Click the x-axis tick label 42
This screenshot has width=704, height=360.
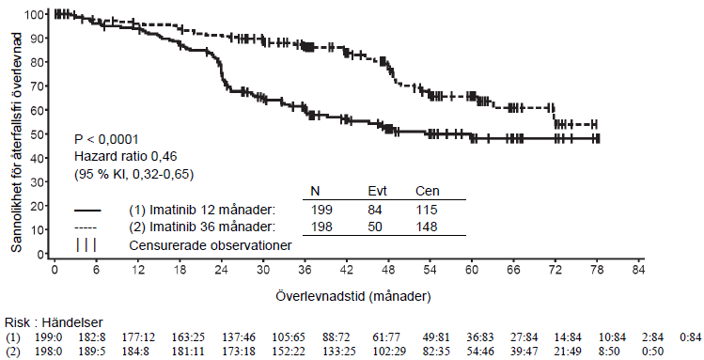347,270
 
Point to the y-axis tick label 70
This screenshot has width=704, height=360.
37,86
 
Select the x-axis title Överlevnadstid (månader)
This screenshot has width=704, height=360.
353,297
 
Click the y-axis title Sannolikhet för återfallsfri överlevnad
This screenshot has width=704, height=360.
16,142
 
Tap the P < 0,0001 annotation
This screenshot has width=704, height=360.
106,140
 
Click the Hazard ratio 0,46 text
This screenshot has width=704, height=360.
126,156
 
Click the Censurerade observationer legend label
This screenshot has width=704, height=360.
211,245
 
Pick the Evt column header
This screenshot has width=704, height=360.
377,191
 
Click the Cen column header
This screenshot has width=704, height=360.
428,191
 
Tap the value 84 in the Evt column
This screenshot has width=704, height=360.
374,210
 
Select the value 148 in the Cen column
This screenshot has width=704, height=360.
427,227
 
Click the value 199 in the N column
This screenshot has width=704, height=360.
321,210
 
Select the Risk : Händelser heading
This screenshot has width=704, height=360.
54,322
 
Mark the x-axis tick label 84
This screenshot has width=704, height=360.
638,270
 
